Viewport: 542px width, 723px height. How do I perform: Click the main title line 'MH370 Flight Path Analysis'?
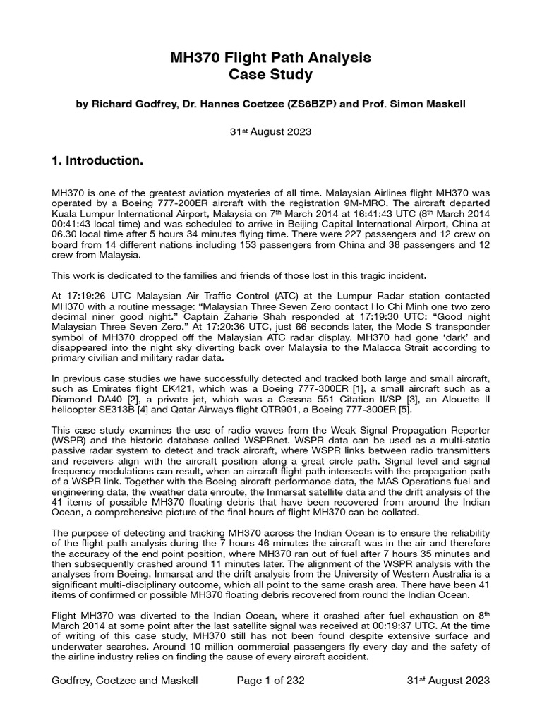(271, 56)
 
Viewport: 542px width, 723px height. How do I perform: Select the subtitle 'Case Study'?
(271, 74)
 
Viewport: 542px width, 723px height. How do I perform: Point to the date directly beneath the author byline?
(271, 131)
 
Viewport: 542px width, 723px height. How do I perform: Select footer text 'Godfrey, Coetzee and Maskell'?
(125, 680)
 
